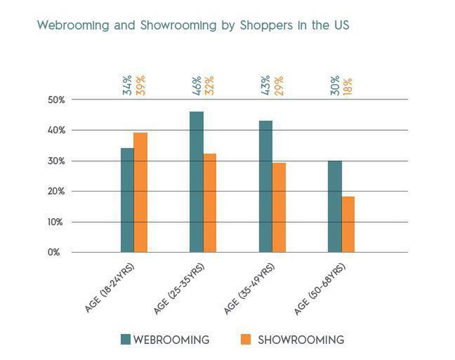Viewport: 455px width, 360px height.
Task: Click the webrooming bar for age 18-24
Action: tap(127, 200)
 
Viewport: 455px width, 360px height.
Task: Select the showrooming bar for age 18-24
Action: tap(140, 192)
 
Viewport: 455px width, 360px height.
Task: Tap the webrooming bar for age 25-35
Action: tap(196, 182)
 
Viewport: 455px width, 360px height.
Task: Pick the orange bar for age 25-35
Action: tap(209, 203)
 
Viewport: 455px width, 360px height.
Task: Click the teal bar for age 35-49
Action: tap(265, 186)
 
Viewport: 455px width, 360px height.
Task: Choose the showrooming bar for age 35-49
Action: tap(279, 207)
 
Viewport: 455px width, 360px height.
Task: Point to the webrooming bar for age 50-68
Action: tap(334, 206)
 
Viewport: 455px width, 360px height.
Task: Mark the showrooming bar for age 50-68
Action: tap(348, 224)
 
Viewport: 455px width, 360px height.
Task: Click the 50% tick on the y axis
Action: tap(56, 100)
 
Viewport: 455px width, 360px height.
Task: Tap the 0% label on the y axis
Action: tap(54, 253)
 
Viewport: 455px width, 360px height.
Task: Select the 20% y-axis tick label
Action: tap(56, 192)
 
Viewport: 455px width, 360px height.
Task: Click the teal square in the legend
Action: tap(126, 340)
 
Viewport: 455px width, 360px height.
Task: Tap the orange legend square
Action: tap(246, 340)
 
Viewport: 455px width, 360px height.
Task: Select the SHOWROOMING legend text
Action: tap(301, 340)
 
